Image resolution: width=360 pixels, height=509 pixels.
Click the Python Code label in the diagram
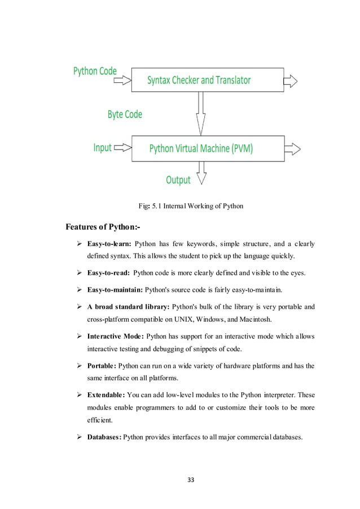coord(95,71)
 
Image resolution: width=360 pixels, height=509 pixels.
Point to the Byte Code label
coord(125,115)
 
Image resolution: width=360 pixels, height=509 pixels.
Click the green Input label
coord(102,148)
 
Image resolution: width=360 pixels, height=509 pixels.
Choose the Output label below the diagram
coord(178,180)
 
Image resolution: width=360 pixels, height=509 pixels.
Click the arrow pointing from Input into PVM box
coord(122,148)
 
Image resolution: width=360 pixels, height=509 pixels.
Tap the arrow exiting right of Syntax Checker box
coord(291,81)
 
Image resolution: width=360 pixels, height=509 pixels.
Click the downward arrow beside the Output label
coord(201,174)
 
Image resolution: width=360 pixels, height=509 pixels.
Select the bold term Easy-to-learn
coord(109,244)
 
